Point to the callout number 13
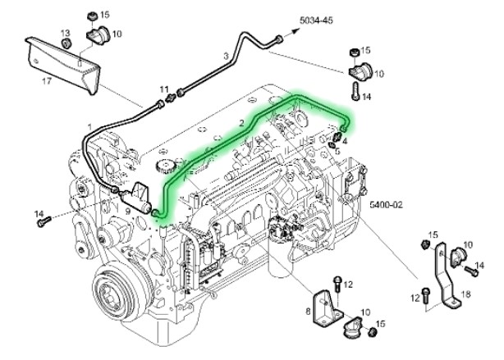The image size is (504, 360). [x=65, y=32]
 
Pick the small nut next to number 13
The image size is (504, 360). [x=68, y=42]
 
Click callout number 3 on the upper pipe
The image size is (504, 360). [x=226, y=56]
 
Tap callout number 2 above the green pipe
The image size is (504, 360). [x=241, y=122]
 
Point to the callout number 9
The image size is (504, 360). [x=127, y=210]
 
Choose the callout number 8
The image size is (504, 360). [x=308, y=311]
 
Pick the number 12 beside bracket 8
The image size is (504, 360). [x=348, y=284]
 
